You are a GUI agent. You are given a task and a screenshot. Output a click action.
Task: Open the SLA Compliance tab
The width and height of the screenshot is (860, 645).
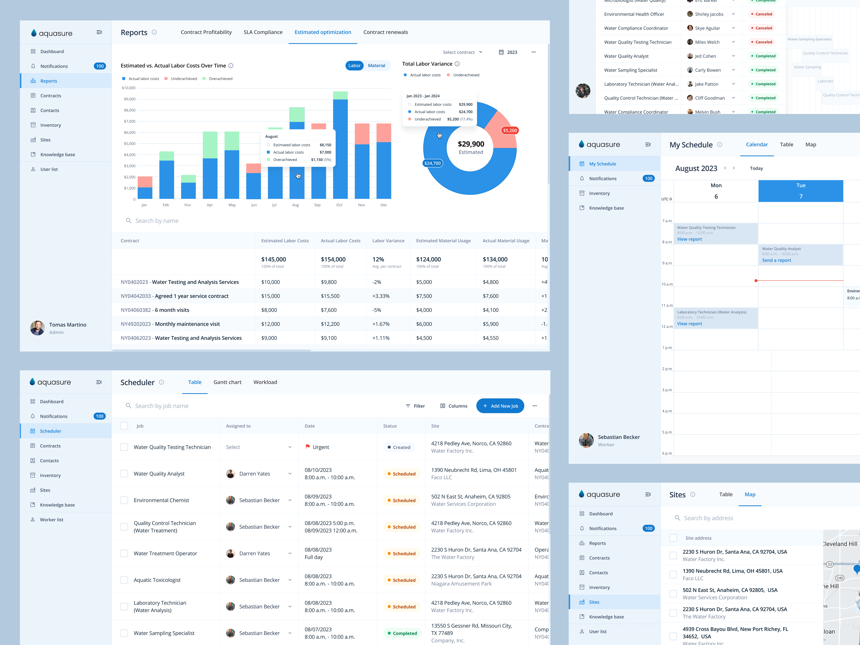[263, 32]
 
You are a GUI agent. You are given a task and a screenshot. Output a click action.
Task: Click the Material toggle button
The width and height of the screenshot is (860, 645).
[376, 66]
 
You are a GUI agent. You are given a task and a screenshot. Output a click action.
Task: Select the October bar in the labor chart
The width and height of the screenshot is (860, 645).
[340, 148]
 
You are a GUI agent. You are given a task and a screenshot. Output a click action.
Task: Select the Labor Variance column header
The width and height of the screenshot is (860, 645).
[388, 241]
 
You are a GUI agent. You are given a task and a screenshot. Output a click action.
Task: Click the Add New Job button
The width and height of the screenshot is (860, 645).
[500, 406]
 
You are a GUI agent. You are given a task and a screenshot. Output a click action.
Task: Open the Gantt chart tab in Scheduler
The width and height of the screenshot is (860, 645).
[227, 382]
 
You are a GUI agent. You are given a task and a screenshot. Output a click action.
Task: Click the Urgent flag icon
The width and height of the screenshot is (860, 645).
[308, 447]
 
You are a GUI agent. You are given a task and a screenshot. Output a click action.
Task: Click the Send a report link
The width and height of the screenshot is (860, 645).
[776, 261]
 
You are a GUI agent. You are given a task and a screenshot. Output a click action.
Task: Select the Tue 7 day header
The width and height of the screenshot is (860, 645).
[800, 191]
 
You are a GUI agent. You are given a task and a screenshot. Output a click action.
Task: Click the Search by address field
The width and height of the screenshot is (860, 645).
[708, 518]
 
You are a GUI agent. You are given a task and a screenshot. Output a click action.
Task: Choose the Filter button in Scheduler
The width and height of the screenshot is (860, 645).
[415, 406]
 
